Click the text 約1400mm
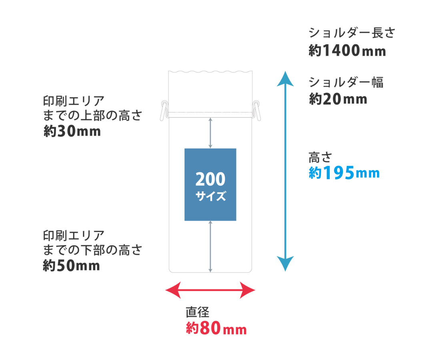(x=347, y=51)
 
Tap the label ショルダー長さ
(x=351, y=33)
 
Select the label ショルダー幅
(x=346, y=82)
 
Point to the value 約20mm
(x=337, y=99)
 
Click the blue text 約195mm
(x=344, y=173)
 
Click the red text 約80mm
(x=216, y=329)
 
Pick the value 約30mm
(x=72, y=132)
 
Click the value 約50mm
(x=71, y=266)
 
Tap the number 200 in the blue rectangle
(x=210, y=180)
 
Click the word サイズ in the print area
(x=210, y=197)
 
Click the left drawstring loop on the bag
(x=163, y=110)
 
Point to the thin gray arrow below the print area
(x=210, y=246)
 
